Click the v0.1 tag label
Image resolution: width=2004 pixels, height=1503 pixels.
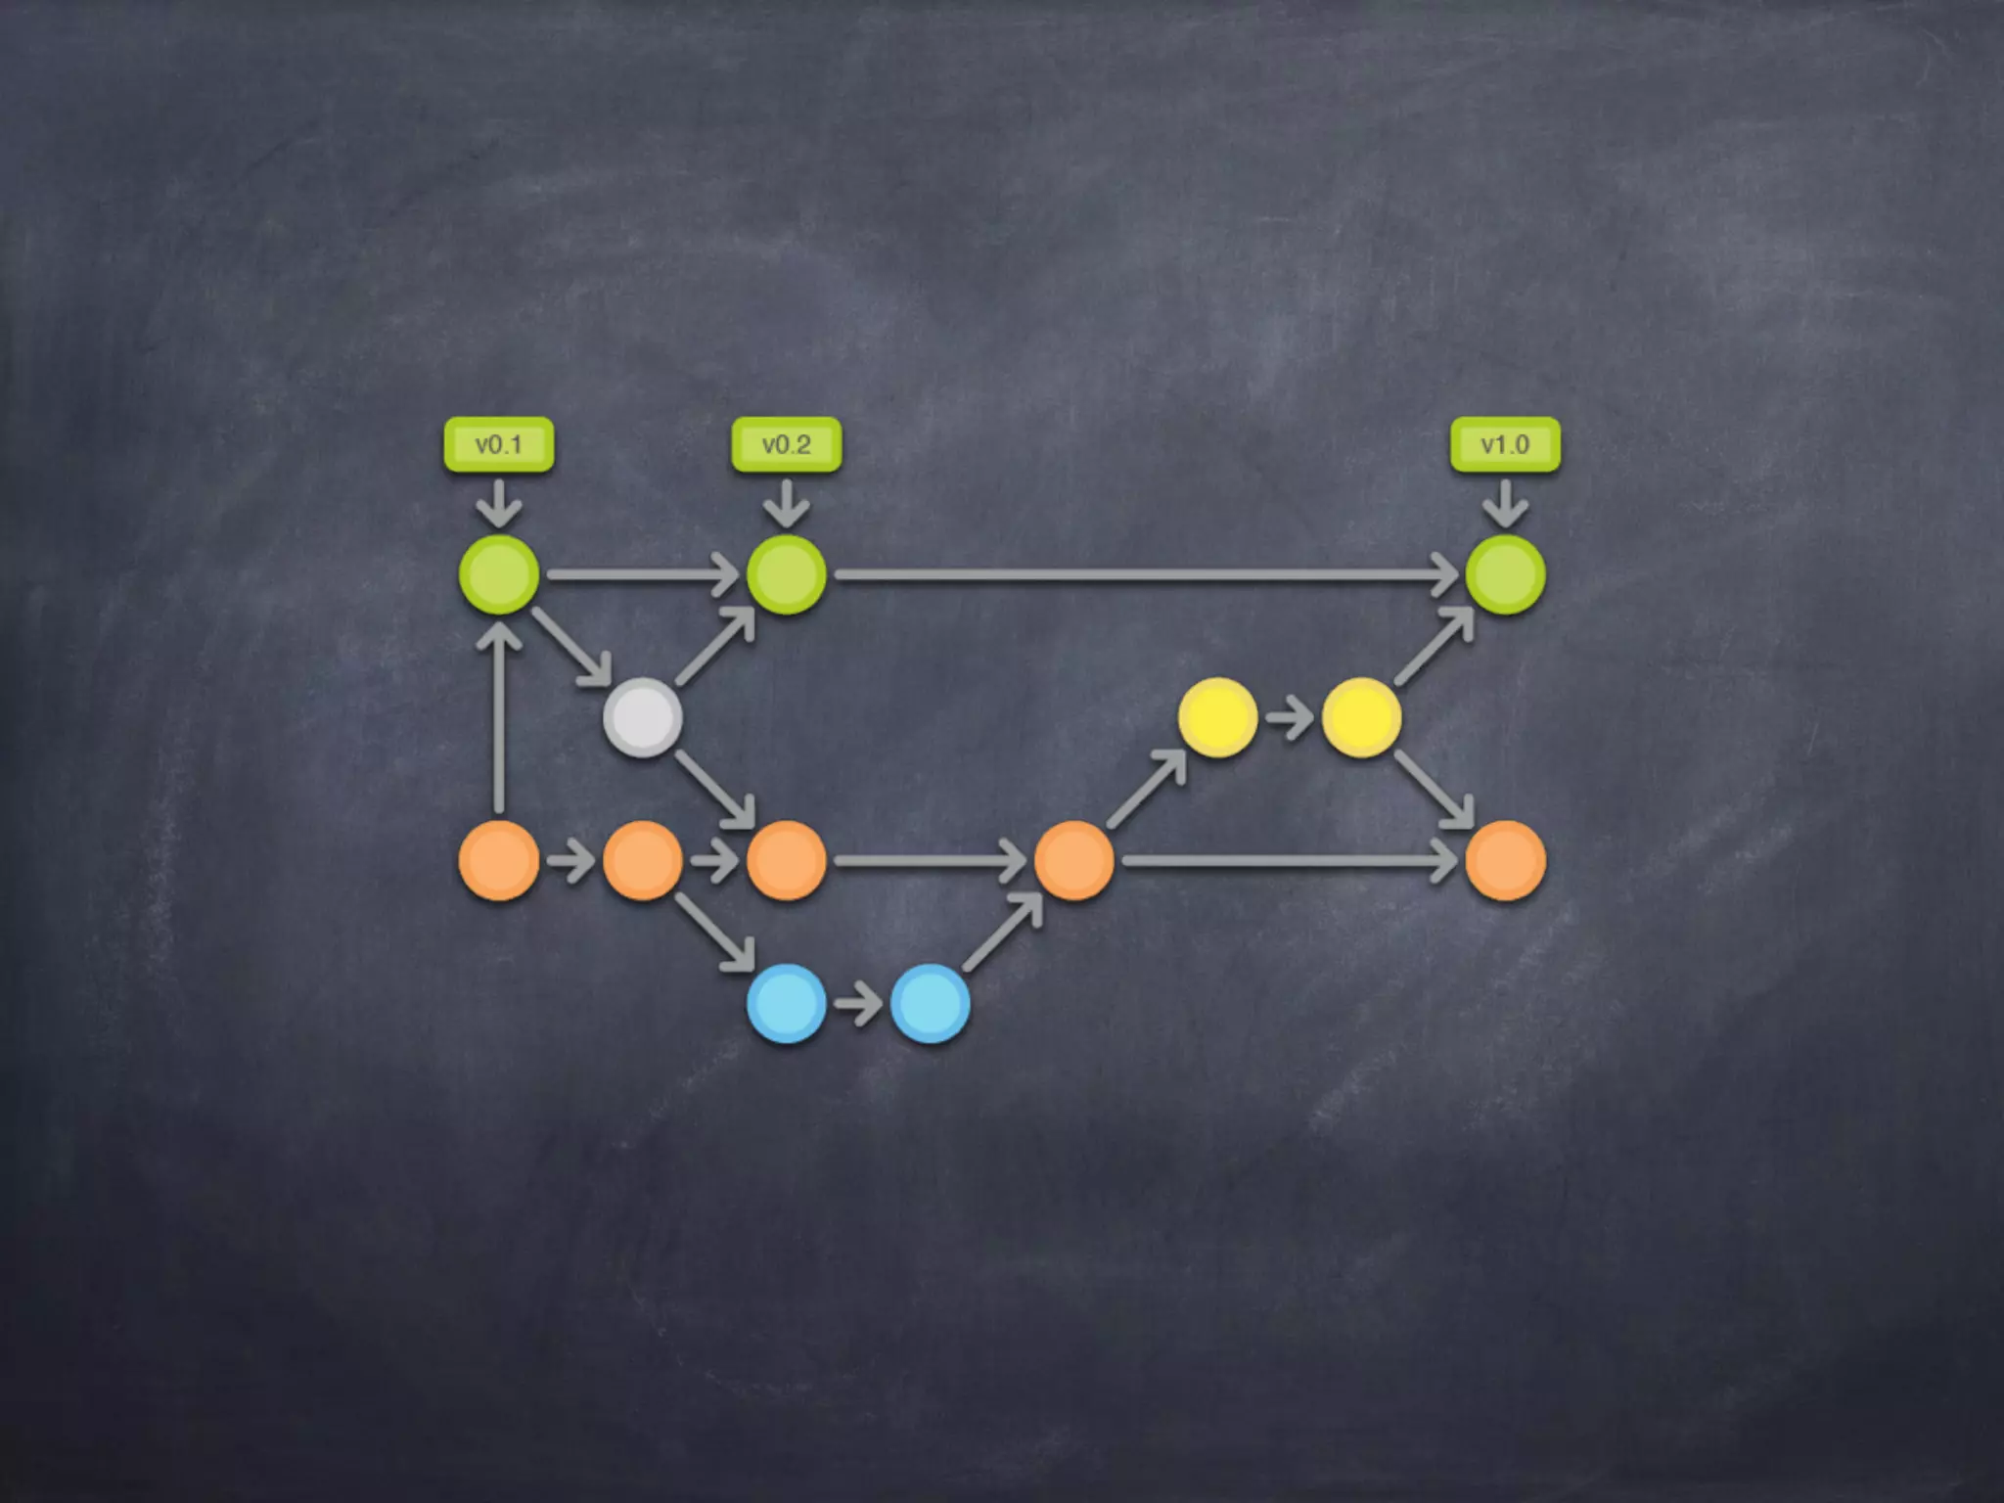[499, 445]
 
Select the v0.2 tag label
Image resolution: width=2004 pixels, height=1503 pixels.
[787, 445]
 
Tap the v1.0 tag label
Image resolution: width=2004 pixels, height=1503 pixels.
[1505, 445]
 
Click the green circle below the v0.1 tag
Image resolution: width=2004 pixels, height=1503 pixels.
[499, 574]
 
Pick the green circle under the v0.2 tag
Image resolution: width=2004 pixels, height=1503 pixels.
[787, 574]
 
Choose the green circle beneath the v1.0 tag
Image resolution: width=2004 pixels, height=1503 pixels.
[1505, 574]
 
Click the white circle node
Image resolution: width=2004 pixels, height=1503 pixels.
[643, 717]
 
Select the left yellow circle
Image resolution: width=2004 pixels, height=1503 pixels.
[1217, 717]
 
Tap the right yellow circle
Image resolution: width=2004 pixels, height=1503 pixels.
[1361, 717]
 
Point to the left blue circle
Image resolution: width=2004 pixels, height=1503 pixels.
[787, 1003]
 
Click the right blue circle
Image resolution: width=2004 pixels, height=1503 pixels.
[931, 1003]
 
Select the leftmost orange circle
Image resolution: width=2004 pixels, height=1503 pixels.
[499, 860]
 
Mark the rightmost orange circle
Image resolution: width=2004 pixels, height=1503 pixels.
[1505, 860]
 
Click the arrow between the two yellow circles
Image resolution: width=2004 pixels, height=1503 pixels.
[1290, 719]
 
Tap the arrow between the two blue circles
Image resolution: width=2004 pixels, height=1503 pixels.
[859, 1005]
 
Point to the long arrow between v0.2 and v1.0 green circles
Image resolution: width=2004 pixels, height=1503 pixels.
[1145, 575]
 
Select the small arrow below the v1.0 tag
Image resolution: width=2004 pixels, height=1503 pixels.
[1505, 503]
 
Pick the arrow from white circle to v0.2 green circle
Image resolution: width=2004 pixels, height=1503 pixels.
[715, 647]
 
